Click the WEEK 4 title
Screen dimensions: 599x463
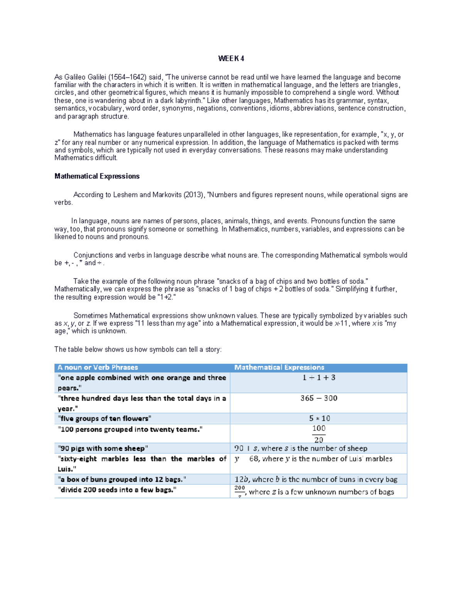(231, 59)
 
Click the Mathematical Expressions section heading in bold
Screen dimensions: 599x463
(97, 176)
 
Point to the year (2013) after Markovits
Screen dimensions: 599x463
(193, 195)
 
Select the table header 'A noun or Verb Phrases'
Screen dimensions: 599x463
(97, 368)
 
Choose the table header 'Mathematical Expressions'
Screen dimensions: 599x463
(279, 368)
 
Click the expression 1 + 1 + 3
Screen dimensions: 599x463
(319, 378)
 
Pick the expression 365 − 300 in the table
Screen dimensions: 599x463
(319, 398)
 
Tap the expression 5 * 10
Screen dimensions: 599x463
(319, 418)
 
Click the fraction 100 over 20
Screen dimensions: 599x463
(319, 434)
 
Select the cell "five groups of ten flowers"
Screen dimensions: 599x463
(104, 418)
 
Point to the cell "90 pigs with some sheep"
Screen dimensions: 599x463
(103, 448)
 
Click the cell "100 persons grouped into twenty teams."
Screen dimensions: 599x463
(130, 429)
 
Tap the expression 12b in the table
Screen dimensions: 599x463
(242, 479)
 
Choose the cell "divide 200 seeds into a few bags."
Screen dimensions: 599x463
(117, 490)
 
